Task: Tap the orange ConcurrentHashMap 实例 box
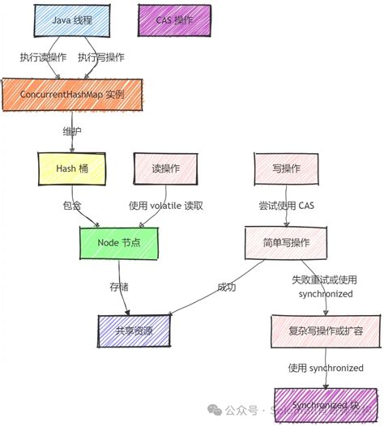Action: tap(73, 95)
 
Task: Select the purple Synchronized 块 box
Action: tap(324, 403)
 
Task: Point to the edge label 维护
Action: tap(72, 130)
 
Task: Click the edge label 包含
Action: tap(72, 206)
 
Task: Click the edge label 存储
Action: tap(119, 286)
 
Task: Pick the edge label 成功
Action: tap(226, 287)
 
